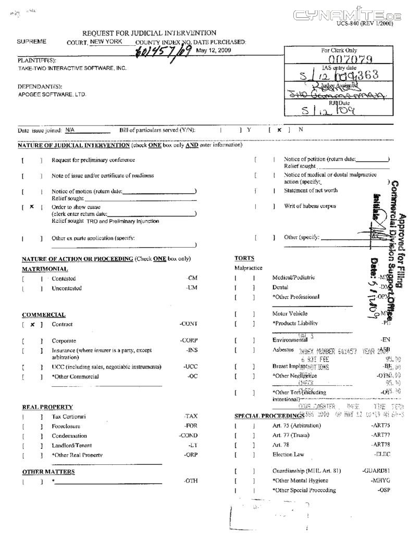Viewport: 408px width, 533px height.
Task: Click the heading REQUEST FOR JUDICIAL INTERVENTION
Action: pos(149,33)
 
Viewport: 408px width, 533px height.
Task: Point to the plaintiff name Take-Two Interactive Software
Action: pos(72,68)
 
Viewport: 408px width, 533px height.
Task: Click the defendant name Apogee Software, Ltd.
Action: pos(52,94)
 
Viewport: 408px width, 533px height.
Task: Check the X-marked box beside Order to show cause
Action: pos(32,207)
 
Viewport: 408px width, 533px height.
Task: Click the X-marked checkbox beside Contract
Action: pos(32,324)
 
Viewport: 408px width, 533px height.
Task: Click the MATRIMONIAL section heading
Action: pos(45,269)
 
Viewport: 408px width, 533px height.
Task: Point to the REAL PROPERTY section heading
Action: pos(47,407)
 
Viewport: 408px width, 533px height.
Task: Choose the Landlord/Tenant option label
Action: pos(70,446)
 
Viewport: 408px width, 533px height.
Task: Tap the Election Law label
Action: pos(288,454)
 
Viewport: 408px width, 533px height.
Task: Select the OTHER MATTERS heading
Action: pos(48,472)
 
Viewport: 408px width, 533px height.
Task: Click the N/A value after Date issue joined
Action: pos(70,130)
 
